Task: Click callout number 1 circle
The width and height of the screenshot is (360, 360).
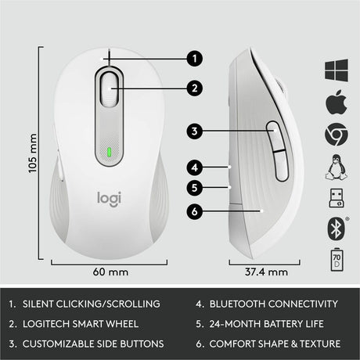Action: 196,57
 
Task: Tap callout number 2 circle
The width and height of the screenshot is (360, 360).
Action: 196,88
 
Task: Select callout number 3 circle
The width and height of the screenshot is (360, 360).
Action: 196,131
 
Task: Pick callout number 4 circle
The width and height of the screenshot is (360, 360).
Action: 196,166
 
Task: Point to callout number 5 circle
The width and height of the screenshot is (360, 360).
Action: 196,188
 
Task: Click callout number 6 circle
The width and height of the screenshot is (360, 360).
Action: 196,210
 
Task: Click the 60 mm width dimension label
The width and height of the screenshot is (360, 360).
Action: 110,273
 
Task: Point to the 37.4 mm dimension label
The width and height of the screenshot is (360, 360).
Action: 262,273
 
